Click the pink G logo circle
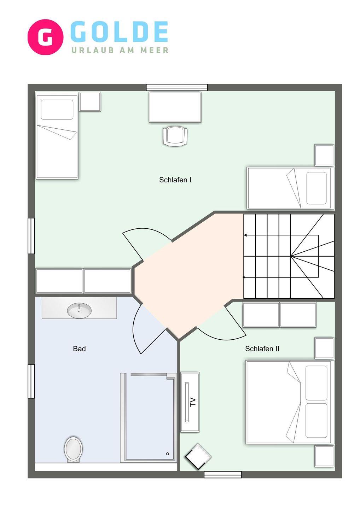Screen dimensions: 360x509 [46, 37]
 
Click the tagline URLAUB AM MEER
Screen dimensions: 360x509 [120, 50]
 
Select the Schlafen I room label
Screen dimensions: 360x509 [175, 180]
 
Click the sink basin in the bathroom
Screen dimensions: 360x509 [79, 311]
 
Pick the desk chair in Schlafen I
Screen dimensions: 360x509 [175, 136]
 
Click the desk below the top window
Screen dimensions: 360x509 [175, 107]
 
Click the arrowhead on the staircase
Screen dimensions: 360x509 [245, 235]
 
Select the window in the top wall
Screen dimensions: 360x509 [177, 88]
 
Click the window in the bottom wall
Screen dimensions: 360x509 [223, 474]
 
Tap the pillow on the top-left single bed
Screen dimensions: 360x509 [57, 110]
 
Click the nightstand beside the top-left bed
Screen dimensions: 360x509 [90, 101]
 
